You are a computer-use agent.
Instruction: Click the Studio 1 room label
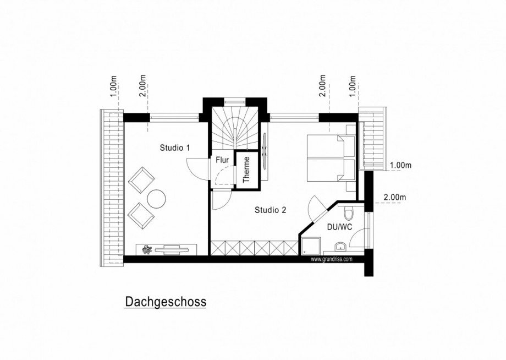tap(175, 148)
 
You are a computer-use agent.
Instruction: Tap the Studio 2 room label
tap(270, 210)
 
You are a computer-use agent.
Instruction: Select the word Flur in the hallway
tap(222, 161)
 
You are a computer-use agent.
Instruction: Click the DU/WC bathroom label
tap(339, 227)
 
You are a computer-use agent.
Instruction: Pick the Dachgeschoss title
tap(166, 302)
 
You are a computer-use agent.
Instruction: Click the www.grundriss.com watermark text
tap(332, 259)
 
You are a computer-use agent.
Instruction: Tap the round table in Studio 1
tap(156, 199)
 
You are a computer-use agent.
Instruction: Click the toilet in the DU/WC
tap(346, 212)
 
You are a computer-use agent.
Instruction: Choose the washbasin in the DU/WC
tap(342, 246)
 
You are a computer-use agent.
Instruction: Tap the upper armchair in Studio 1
tap(141, 179)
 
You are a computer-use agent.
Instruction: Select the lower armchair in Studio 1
tap(141, 216)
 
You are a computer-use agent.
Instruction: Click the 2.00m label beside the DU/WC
tap(394, 197)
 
